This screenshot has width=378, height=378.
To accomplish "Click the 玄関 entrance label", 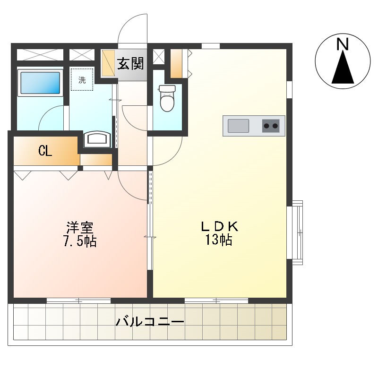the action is click(x=130, y=64).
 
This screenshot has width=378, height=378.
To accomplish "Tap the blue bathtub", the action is click(x=40, y=83).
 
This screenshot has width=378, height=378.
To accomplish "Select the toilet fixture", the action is click(x=167, y=98).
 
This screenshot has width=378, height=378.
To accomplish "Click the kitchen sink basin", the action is click(x=238, y=126).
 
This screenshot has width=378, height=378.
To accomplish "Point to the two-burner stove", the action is click(x=271, y=126).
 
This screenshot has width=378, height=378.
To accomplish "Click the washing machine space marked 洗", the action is click(x=82, y=79).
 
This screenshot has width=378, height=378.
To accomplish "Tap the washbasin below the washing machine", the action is click(x=97, y=139).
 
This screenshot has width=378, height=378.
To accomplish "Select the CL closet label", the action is click(x=45, y=151).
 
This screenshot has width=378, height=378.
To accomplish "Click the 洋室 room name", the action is click(x=80, y=227).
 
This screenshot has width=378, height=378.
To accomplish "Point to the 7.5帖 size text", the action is click(x=80, y=241).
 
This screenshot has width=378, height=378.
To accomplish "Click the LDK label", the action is click(x=219, y=227).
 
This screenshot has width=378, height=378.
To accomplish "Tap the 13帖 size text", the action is click(x=219, y=240).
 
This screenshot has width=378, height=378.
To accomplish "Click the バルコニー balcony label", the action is click(x=150, y=322).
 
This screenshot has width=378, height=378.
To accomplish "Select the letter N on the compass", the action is click(x=343, y=44).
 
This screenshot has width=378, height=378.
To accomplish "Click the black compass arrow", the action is click(x=343, y=68).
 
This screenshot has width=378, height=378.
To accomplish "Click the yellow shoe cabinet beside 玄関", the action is click(x=108, y=63).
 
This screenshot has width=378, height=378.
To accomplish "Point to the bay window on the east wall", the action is click(x=297, y=232).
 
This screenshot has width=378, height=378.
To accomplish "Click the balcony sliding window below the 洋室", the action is click(x=78, y=301).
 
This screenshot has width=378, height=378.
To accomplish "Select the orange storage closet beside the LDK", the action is click(x=176, y=64).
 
